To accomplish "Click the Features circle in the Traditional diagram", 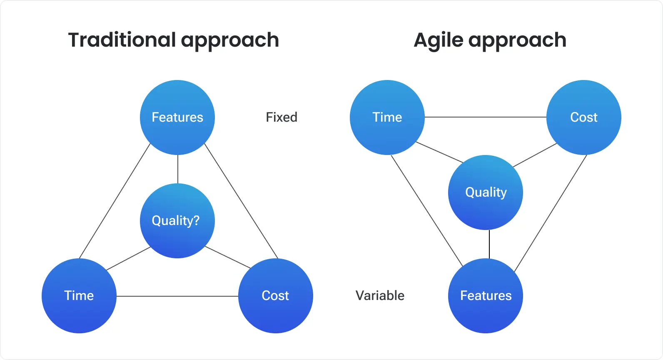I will (x=177, y=117).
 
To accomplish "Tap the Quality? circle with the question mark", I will (x=177, y=221).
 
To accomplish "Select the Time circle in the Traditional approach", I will (x=79, y=296).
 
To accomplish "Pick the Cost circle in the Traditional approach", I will (x=275, y=296).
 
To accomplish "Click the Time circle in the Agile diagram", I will (x=387, y=117).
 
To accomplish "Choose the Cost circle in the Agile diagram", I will (x=583, y=117).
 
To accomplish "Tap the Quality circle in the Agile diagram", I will (x=486, y=192).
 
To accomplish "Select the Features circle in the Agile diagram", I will (x=486, y=296).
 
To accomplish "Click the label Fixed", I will (x=282, y=117).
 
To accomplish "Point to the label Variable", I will (x=380, y=296).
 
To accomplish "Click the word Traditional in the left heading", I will (x=122, y=40).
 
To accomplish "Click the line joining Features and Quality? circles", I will (x=178, y=169).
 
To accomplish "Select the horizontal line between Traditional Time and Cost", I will (x=177, y=296).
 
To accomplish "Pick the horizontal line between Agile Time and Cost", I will (x=486, y=117).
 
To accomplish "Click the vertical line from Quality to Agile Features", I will (x=489, y=244).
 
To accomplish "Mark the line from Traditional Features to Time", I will (x=115, y=201).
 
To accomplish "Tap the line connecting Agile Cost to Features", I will (x=551, y=213).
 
